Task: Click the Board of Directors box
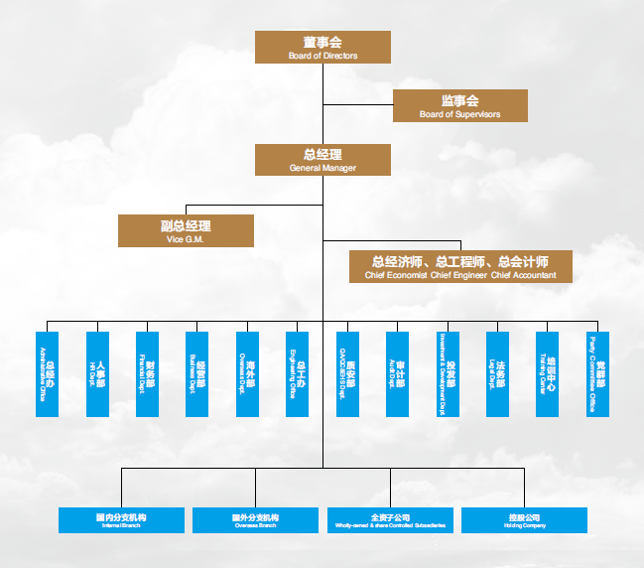(x=322, y=47)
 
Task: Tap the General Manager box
(x=322, y=160)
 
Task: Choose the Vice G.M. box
(x=186, y=231)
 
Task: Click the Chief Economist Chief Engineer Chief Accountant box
(x=460, y=266)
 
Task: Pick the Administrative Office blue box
(x=47, y=374)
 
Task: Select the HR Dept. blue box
(x=97, y=374)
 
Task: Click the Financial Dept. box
(x=147, y=374)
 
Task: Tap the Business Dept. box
(x=197, y=374)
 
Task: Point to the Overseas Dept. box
(x=247, y=374)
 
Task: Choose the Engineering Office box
(x=298, y=374)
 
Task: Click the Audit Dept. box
(x=397, y=374)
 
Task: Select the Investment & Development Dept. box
(x=448, y=374)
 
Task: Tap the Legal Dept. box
(x=497, y=374)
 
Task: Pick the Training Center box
(x=548, y=374)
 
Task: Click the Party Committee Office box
(x=597, y=374)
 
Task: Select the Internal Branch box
(x=121, y=520)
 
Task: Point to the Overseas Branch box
(x=255, y=520)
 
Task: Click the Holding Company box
(x=524, y=520)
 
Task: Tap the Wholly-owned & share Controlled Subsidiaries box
(x=390, y=520)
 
